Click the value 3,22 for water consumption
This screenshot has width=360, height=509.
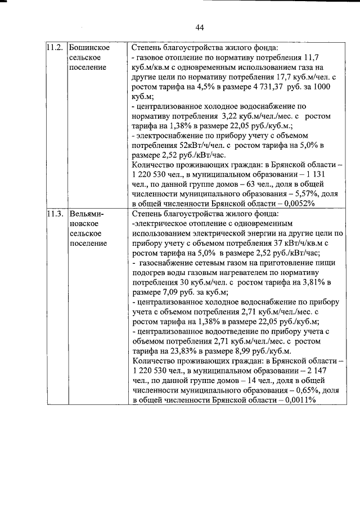(x=232, y=115)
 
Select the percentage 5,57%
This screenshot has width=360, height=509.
(x=277, y=193)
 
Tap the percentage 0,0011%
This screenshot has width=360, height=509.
(x=298, y=399)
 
